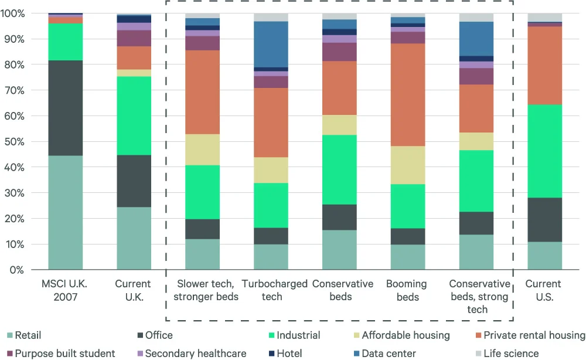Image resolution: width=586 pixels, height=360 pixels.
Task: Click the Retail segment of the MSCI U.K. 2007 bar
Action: pos(65,212)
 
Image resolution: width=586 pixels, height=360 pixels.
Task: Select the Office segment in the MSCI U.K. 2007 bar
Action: pos(65,108)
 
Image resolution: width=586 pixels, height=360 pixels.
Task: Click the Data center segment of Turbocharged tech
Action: pos(271,44)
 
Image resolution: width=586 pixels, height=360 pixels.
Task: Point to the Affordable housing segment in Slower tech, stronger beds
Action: pos(202,150)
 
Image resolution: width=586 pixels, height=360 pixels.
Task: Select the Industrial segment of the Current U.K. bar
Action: pos(134,116)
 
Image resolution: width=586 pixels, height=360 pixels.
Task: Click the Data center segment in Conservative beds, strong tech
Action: pos(476,39)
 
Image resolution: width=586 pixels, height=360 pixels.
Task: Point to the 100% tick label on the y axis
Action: pos(12,13)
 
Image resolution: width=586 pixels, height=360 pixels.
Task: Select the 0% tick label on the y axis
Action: pos(16,270)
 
